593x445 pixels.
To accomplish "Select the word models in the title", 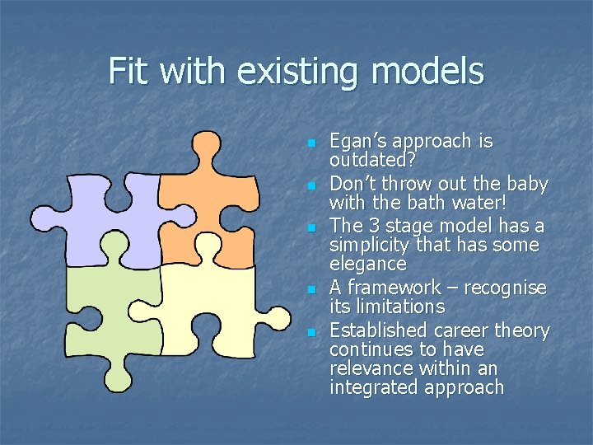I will coord(427,71).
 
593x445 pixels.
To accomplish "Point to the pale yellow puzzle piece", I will coord(206,305).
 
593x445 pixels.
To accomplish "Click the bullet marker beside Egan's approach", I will coord(311,143).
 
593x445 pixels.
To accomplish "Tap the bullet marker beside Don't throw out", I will coord(311,185).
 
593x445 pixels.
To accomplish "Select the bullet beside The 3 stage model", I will coord(311,227).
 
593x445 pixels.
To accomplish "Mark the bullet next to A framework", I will coord(311,289).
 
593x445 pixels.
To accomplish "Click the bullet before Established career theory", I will coord(311,332).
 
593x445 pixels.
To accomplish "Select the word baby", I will coord(529,182).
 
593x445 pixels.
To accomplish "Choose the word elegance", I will coord(368,265).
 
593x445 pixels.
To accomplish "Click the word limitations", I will coord(400,307).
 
